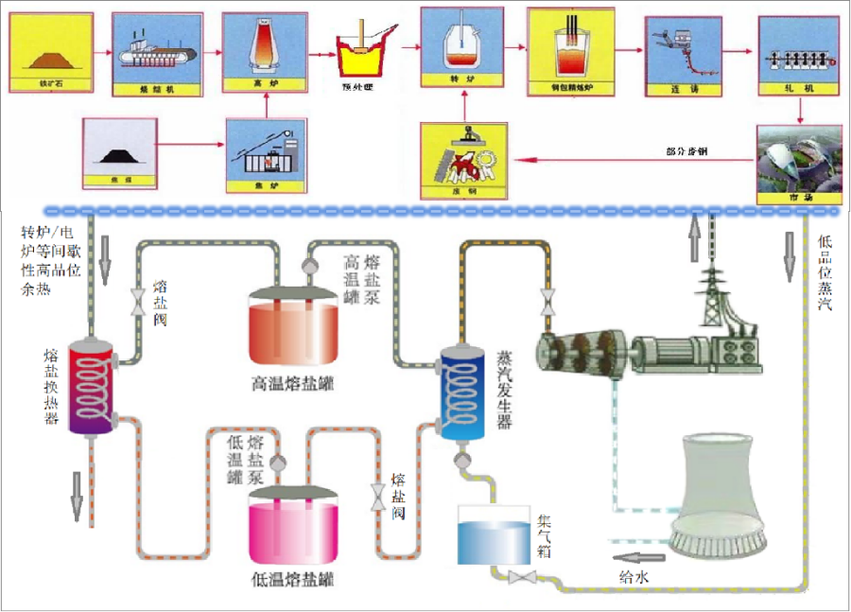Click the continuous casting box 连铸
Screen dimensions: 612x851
tap(677, 53)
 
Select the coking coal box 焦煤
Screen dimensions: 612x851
tap(118, 150)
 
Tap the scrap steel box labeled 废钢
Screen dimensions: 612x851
tap(462, 160)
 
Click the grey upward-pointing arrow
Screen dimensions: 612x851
tap(694, 237)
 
